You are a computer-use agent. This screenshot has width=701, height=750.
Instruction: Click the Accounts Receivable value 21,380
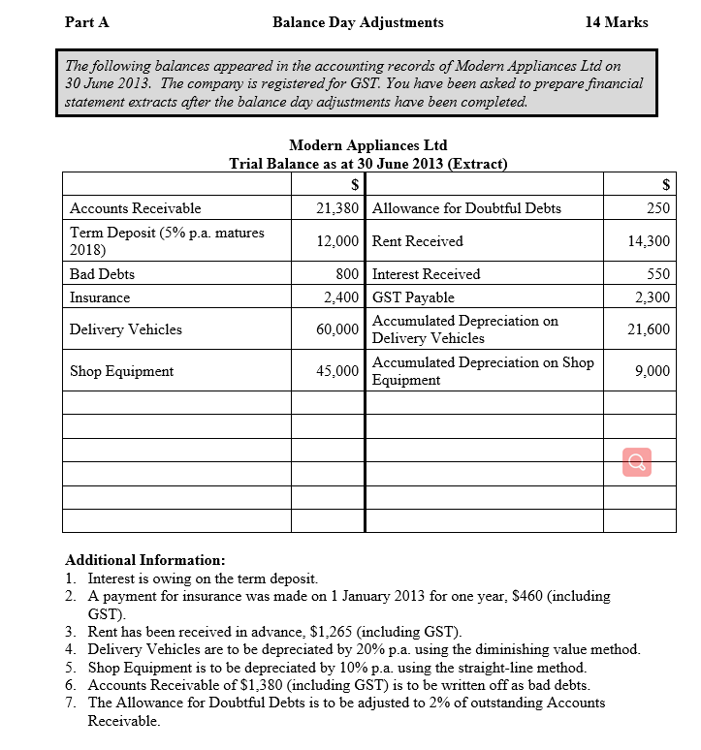point(338,208)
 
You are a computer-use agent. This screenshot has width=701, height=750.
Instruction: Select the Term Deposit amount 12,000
point(338,241)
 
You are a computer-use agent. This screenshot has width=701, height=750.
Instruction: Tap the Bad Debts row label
point(102,274)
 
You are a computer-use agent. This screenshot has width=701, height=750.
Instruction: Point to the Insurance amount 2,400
point(342,297)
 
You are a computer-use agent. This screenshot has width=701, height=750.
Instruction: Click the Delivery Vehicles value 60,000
point(338,329)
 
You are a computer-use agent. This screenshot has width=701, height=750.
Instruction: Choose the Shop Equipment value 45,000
point(338,371)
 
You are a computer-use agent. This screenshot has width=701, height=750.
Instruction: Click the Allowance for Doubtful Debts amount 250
point(658,208)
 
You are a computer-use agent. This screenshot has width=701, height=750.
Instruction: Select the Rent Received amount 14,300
point(650,241)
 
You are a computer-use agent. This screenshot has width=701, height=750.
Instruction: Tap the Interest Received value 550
point(658,274)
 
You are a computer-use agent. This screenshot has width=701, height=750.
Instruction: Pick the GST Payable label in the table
point(413,297)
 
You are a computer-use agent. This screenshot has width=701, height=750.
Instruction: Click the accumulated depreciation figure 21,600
point(650,329)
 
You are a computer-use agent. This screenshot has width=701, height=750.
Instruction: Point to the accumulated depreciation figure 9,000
point(653,371)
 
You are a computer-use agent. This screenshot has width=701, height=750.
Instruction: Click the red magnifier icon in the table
point(638,463)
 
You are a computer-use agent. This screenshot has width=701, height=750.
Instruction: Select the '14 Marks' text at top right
point(617,22)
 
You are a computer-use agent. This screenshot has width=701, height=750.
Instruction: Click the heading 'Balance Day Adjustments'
point(358,22)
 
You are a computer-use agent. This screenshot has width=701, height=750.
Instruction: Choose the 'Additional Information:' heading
point(144,560)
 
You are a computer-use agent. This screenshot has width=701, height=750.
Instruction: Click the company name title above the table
point(367,145)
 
